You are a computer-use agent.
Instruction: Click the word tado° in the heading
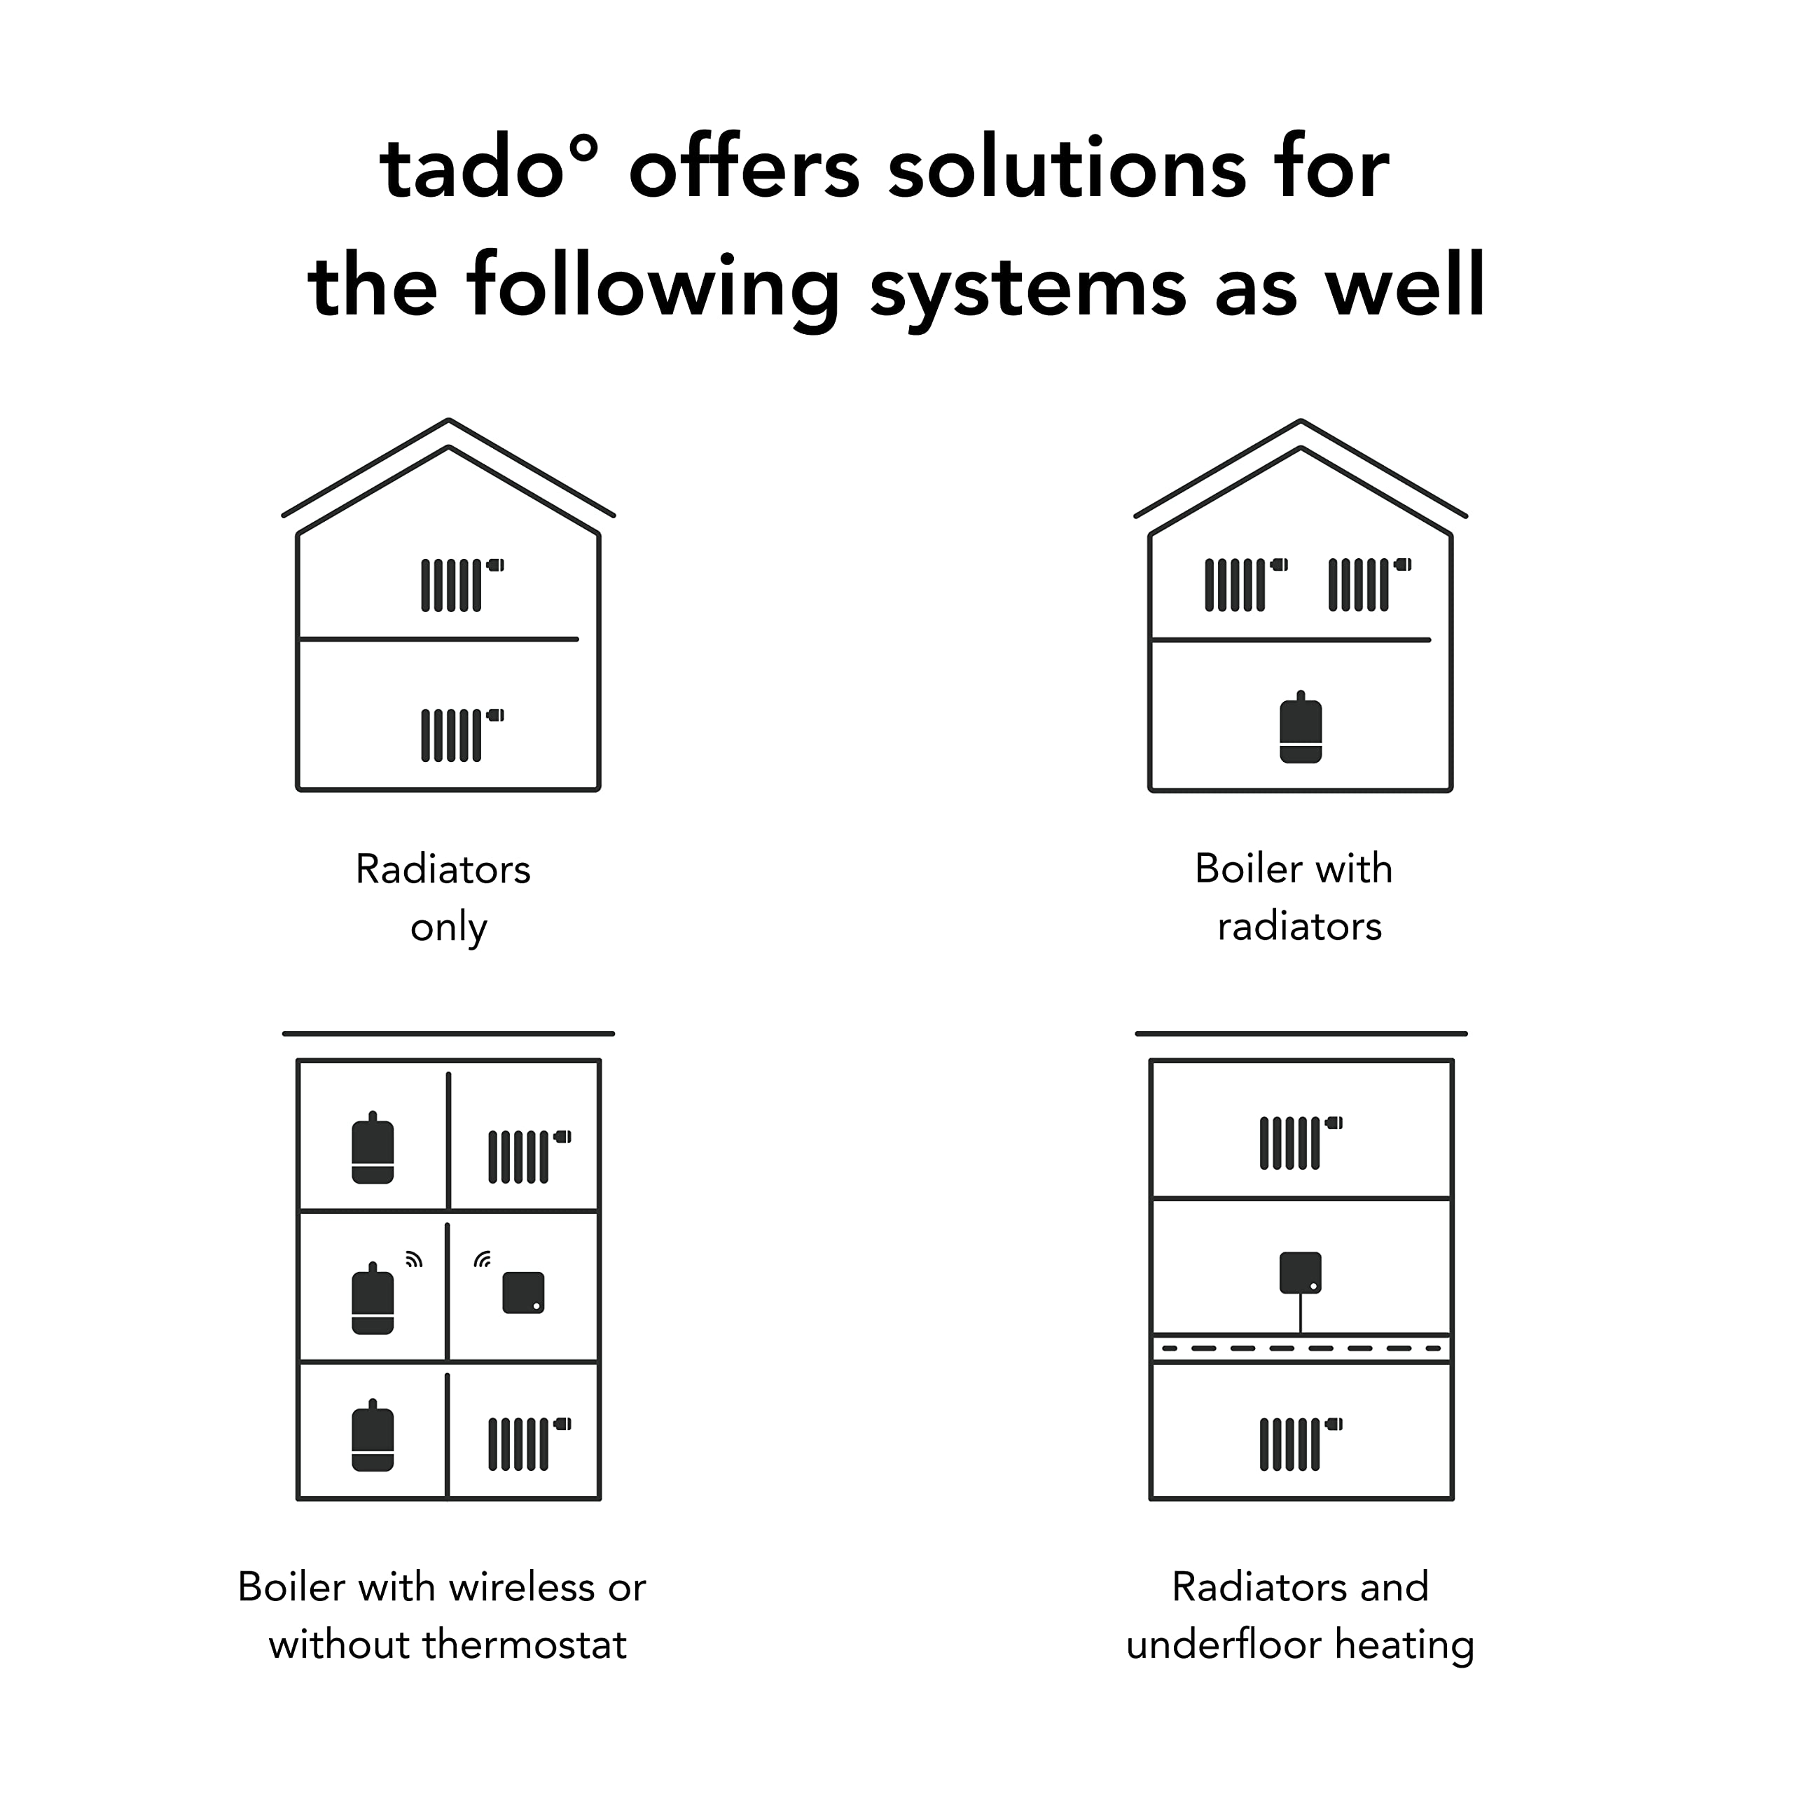pos(488,169)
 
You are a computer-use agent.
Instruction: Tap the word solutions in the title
pos(1067,169)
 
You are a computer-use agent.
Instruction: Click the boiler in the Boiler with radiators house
pos(1300,729)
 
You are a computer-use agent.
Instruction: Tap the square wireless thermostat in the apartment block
pos(523,1292)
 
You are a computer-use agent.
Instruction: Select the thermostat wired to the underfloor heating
pos(1300,1273)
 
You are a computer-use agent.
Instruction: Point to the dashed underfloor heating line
pos(1300,1348)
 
